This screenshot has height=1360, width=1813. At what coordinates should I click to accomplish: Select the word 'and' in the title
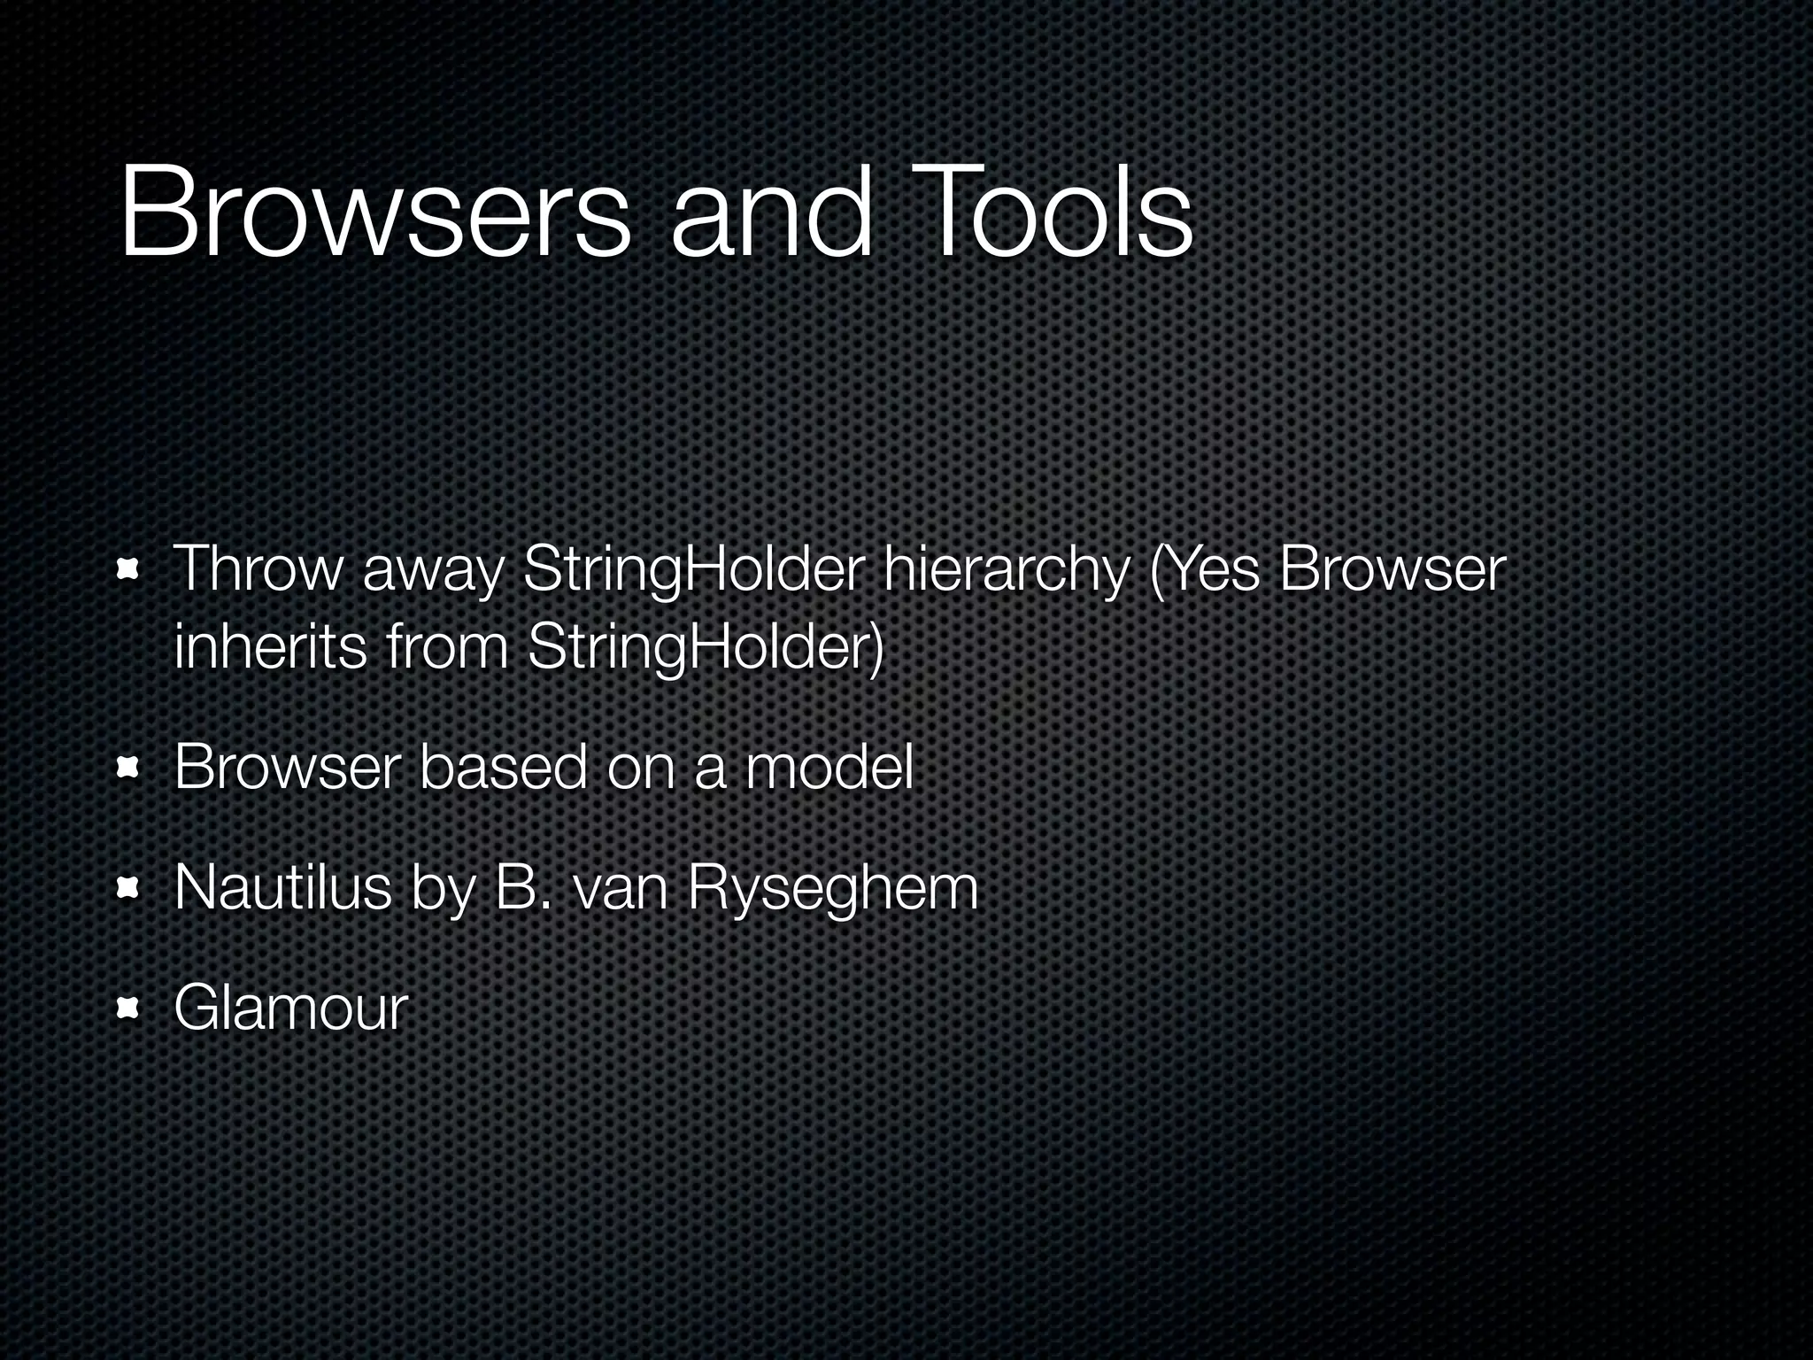coord(771,216)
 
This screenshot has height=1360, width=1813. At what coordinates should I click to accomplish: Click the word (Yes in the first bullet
coord(1204,571)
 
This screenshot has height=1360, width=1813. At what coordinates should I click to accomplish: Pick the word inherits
coord(270,647)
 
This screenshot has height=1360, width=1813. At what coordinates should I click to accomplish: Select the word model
coord(829,768)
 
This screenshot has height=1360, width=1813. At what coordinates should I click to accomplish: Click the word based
coord(503,768)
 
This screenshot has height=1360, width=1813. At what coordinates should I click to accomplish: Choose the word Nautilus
coord(282,887)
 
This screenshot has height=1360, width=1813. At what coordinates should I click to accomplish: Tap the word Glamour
coord(290,1008)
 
